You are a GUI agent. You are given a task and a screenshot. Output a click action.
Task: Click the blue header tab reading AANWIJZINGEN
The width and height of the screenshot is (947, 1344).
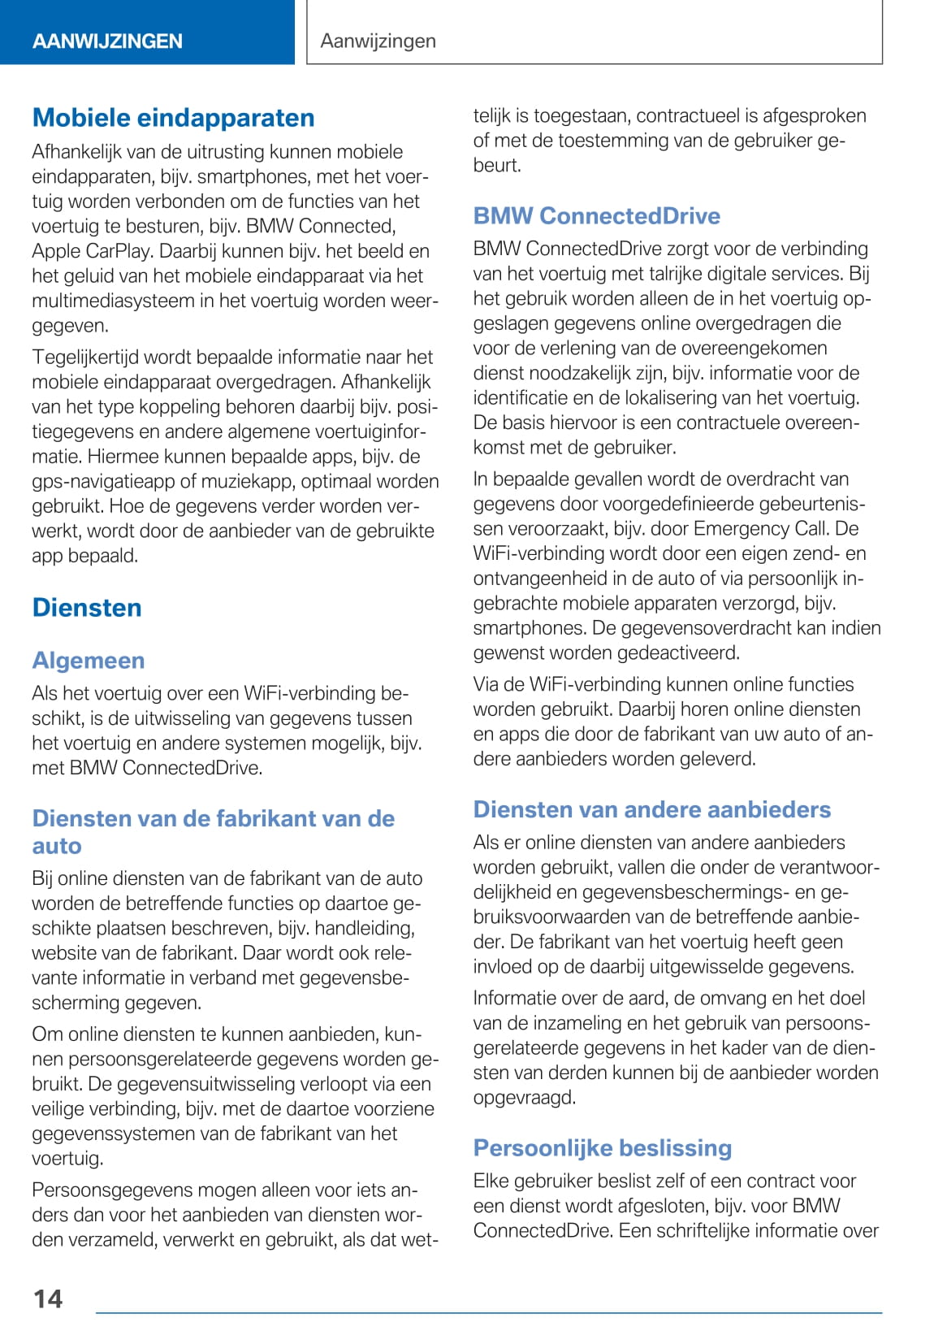107,41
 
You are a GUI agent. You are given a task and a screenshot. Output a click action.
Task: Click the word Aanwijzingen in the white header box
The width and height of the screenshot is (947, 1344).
378,41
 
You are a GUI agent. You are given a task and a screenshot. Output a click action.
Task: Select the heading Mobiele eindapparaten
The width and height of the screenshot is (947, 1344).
173,118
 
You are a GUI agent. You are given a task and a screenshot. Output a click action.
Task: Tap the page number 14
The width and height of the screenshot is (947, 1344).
48,1298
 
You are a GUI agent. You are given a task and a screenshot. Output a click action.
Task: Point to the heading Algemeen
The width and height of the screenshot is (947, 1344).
89,661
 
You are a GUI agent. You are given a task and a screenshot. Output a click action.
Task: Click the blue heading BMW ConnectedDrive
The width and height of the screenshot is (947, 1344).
597,216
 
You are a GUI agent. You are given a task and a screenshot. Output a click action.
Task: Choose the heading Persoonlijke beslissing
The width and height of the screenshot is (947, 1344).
603,1148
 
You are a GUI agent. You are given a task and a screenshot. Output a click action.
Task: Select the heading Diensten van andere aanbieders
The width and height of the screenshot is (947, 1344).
652,810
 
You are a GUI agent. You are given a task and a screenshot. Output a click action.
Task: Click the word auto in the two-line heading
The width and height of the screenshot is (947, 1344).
57,846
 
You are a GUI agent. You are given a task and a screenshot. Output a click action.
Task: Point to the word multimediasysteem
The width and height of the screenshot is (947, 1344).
113,301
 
